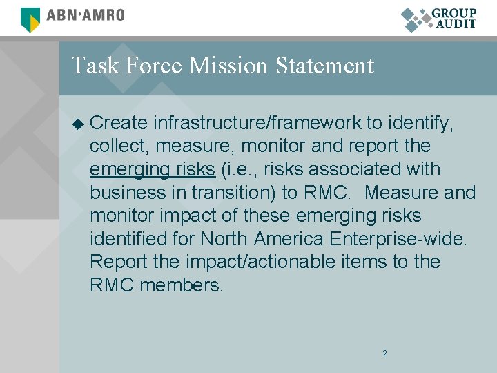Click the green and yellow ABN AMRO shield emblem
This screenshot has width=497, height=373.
(x=30, y=19)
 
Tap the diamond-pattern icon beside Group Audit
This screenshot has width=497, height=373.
(x=416, y=19)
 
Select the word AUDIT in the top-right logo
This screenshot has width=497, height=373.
(x=456, y=24)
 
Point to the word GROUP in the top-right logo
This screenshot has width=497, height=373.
(x=454, y=13)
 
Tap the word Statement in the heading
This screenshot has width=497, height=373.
(x=324, y=66)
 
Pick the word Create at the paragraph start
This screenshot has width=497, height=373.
(x=119, y=123)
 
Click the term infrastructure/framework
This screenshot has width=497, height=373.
(x=257, y=123)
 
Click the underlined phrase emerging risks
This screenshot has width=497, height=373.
(x=153, y=169)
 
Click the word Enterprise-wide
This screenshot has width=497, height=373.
(x=399, y=239)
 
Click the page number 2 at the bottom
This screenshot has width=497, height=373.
(x=384, y=354)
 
